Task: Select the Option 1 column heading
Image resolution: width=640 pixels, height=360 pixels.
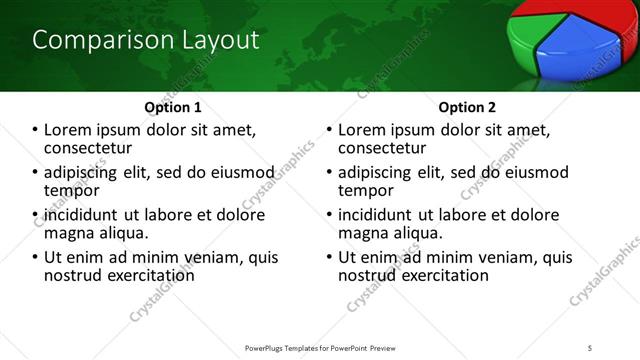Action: (x=172, y=107)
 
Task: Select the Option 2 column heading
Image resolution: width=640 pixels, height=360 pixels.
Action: (x=467, y=107)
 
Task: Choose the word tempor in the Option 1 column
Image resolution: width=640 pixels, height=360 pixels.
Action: (x=71, y=190)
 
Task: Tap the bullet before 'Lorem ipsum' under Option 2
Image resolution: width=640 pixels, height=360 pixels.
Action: (x=329, y=130)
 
